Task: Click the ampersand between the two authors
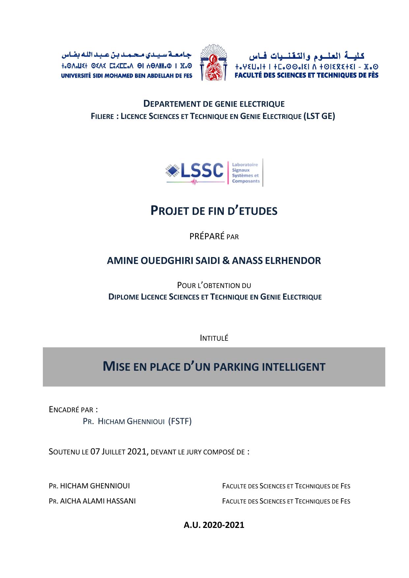click(x=226, y=261)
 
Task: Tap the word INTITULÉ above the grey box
click(x=214, y=338)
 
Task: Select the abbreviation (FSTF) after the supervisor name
click(x=180, y=421)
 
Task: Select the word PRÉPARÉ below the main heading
click(x=207, y=236)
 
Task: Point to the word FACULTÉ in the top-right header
click(x=250, y=75)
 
